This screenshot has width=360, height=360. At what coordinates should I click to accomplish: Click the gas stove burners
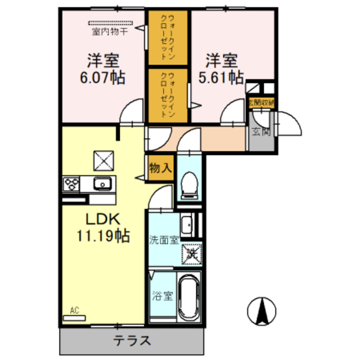pyautogui.click(x=72, y=183)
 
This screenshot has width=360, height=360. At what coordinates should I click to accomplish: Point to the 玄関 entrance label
pyautogui.click(x=260, y=133)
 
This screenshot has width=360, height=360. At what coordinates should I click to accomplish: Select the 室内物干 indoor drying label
pyautogui.click(x=110, y=32)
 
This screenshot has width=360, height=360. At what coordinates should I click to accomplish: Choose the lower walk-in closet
pyautogui.click(x=169, y=94)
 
